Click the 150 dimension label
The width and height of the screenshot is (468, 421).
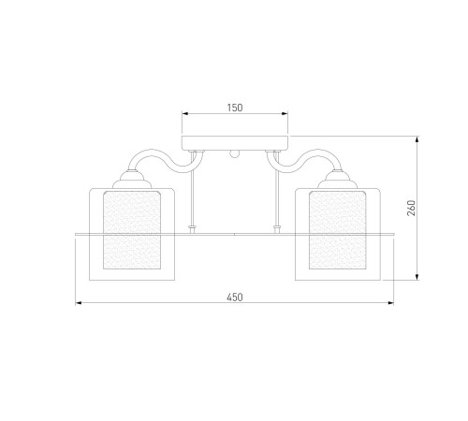(235, 108)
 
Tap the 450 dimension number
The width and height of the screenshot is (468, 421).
(235, 298)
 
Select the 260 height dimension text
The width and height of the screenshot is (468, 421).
(412, 208)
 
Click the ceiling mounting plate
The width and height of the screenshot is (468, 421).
(235, 143)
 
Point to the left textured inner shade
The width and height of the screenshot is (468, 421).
(132, 230)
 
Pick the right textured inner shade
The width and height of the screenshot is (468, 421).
(337, 230)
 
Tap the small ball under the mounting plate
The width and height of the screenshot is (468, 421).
(235, 154)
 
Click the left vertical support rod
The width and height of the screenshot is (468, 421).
(193, 190)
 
